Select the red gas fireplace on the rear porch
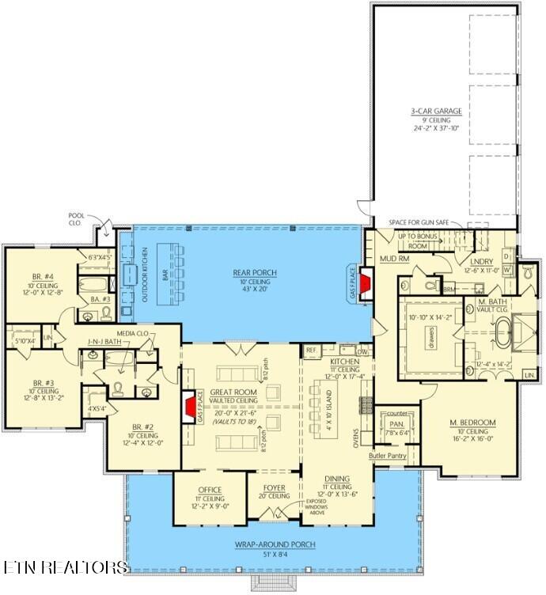[366, 284]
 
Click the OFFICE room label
[210, 490]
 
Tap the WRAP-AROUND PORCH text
[275, 544]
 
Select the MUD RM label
[392, 258]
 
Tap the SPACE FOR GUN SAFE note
[424, 222]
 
